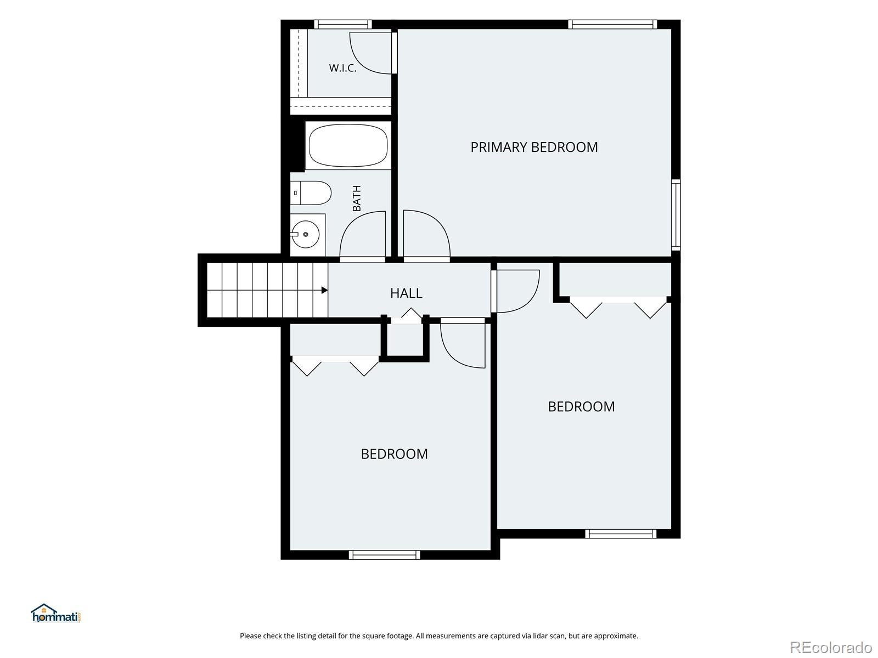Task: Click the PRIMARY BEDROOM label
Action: pyautogui.click(x=533, y=147)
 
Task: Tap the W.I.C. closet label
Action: pyautogui.click(x=342, y=68)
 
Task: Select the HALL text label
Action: pyautogui.click(x=406, y=293)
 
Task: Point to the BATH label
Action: pyautogui.click(x=356, y=198)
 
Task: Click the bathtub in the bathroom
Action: pyautogui.click(x=348, y=145)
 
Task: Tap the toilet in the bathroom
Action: pyautogui.click(x=311, y=193)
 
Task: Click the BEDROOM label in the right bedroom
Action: pyautogui.click(x=581, y=407)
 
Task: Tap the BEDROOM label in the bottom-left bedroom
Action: pyautogui.click(x=394, y=454)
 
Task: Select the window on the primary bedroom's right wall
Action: pyautogui.click(x=676, y=215)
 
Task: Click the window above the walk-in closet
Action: pyautogui.click(x=343, y=24)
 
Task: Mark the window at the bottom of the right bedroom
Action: pyautogui.click(x=621, y=534)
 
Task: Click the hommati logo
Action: pyautogui.click(x=56, y=613)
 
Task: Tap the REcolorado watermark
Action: pyautogui.click(x=831, y=647)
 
